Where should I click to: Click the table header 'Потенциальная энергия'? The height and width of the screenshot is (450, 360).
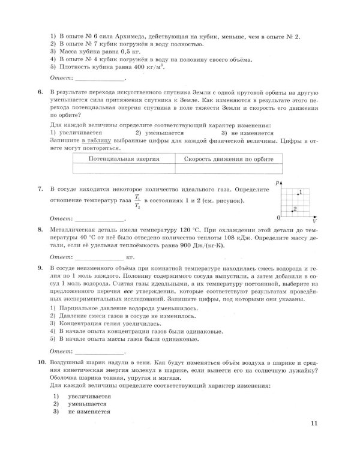click(124, 160)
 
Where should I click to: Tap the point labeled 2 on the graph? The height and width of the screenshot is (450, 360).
click(292, 211)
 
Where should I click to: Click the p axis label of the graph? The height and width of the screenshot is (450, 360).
click(279, 181)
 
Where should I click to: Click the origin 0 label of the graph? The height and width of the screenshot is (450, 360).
click(278, 217)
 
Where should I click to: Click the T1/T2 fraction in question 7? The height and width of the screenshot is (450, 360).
click(137, 200)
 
